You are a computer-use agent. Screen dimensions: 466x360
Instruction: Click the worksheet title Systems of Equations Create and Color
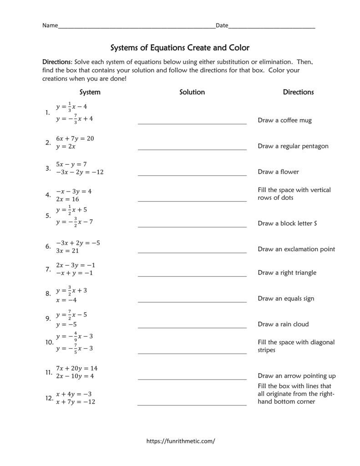coord(180,47)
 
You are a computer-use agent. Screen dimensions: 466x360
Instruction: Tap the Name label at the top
coord(50,25)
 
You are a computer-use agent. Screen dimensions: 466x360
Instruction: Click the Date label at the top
coord(222,25)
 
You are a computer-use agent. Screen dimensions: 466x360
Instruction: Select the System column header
coord(90,92)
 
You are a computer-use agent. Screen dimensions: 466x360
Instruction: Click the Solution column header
coord(192,92)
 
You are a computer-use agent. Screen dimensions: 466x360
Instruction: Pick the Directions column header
coord(298,92)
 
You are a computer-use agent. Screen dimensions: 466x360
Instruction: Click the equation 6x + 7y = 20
coord(75,138)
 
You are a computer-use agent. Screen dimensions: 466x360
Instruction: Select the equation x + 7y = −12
coord(76,402)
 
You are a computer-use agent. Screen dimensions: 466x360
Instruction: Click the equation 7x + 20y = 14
coord(76,368)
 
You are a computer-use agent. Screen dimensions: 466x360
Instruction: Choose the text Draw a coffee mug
coord(284,121)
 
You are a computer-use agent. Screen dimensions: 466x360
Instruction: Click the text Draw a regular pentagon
coord(293,146)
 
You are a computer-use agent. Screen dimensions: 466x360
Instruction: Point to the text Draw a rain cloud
coord(283,324)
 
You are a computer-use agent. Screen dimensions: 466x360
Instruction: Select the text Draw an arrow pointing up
coord(296,376)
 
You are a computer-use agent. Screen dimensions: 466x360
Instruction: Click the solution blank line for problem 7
coord(192,275)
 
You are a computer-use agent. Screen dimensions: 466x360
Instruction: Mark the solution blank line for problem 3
coord(192,175)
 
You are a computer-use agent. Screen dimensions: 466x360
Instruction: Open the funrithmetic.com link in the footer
coord(180,441)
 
